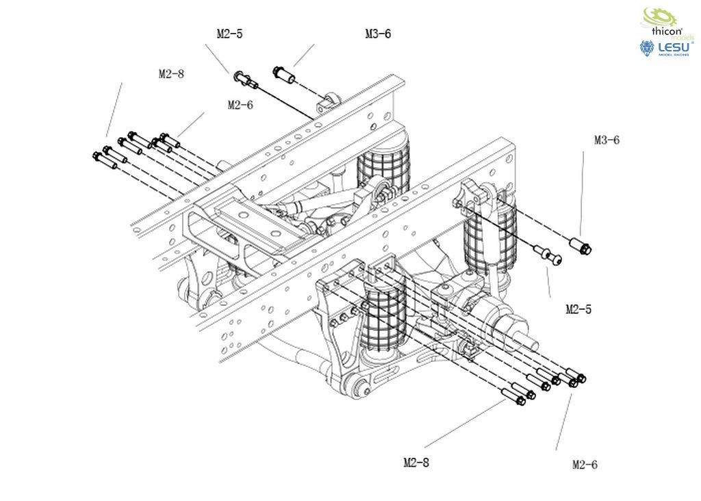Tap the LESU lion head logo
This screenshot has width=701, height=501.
[x=647, y=48]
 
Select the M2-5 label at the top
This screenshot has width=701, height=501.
[x=229, y=34]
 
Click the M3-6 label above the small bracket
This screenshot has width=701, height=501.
[x=378, y=34]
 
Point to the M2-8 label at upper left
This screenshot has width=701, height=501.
[x=171, y=74]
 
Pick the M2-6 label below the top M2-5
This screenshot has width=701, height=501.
[x=240, y=105]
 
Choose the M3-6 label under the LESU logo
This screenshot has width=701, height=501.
[x=607, y=140]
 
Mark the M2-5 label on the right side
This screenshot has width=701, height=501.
[x=578, y=309]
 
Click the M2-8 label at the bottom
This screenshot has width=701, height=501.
[x=416, y=463]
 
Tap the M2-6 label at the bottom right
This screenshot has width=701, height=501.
[x=585, y=465]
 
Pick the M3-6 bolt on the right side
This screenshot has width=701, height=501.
[x=581, y=245]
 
